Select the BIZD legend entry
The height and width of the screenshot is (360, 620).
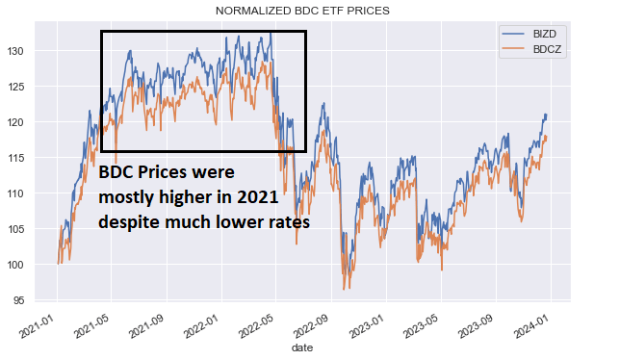544,32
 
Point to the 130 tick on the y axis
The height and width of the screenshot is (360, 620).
31,50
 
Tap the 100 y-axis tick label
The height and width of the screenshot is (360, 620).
31,266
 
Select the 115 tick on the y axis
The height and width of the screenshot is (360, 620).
31,158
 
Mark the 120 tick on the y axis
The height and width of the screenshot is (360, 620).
31,122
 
